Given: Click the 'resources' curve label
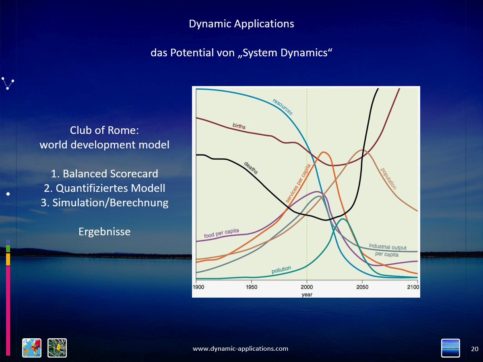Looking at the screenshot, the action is tap(283, 107).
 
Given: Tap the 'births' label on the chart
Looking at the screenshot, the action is tap(239, 126).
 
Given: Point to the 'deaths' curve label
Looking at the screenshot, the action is tap(251, 168).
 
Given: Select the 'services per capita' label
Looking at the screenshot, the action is tap(298, 183).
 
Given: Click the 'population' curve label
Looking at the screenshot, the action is tap(388, 179).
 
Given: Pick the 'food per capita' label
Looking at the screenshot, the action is tap(221, 233).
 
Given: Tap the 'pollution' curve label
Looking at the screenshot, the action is tap(281, 269).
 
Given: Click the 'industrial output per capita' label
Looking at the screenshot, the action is tap(388, 250).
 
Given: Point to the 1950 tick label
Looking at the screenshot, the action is tap(252, 287).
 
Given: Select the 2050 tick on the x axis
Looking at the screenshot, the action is tap(362, 287).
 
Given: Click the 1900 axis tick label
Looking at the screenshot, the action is tap(198, 287).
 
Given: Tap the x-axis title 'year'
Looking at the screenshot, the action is tap(307, 295).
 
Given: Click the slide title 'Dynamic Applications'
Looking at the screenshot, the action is tap(242, 24).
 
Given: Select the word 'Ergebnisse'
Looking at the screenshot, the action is tap(105, 232).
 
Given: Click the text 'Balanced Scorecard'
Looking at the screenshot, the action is tap(110, 174).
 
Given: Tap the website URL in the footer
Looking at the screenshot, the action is tap(240, 349).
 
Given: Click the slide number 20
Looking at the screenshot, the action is tap(475, 349).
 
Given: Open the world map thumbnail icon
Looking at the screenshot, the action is tap(32, 348).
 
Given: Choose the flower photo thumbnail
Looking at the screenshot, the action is tap(57, 348).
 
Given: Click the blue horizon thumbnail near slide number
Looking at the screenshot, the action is tap(450, 348).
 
